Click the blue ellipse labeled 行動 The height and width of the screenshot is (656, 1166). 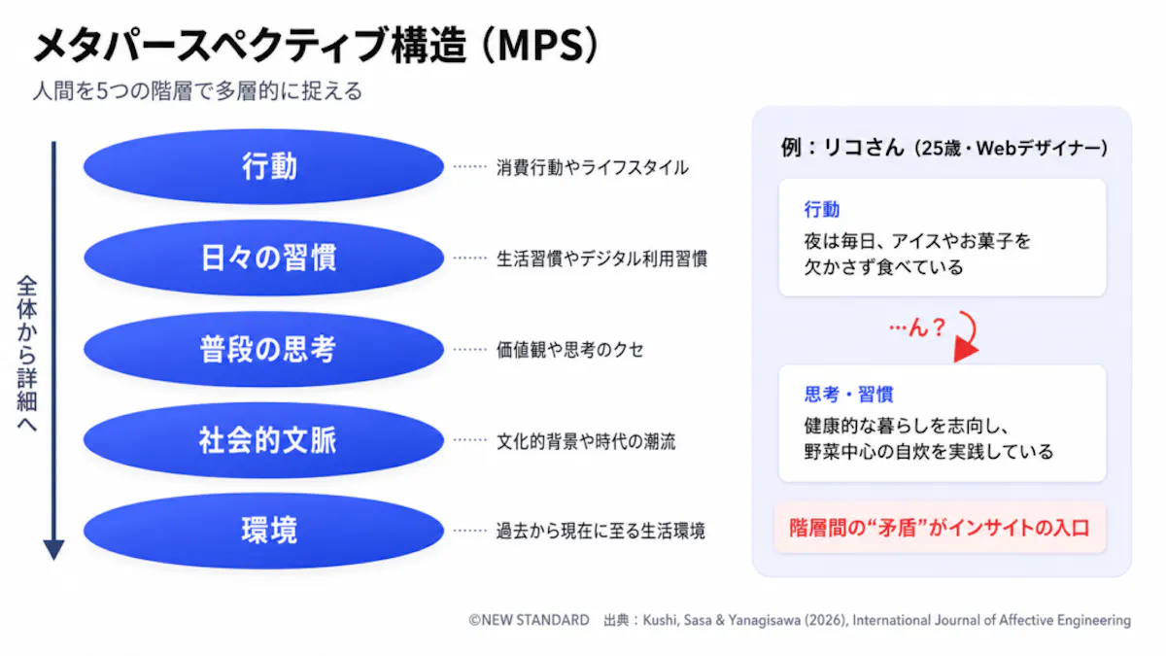pos(263,166)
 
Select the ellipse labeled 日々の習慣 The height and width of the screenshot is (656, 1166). pos(263,258)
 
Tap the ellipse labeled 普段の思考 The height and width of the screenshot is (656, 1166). pos(263,349)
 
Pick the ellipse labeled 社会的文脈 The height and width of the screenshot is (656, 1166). pos(263,440)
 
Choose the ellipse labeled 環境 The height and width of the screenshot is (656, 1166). pos(263,531)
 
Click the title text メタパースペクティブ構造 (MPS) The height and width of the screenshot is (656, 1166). pos(317,46)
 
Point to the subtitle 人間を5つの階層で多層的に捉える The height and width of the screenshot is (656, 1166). pos(197,90)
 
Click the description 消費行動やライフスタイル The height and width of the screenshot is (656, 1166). pos(593,167)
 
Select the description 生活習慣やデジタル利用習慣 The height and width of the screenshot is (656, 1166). pos(601,259)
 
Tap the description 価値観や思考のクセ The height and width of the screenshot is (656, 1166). pos(570,349)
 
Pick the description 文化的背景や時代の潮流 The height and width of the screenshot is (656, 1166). pos(586,441)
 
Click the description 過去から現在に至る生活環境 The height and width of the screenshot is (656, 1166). pos(600,531)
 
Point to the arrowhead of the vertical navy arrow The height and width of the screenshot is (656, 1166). pos(53,549)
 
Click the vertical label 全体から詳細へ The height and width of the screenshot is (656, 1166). pos(27,354)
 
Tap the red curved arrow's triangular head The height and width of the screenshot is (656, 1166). pos(965,351)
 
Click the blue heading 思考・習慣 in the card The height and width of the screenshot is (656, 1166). pos(848,395)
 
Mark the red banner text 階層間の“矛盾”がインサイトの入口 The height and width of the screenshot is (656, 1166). pos(940,528)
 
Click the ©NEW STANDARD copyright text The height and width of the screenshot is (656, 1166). pos(529,620)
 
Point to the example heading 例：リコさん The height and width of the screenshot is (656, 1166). pos(842,148)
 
